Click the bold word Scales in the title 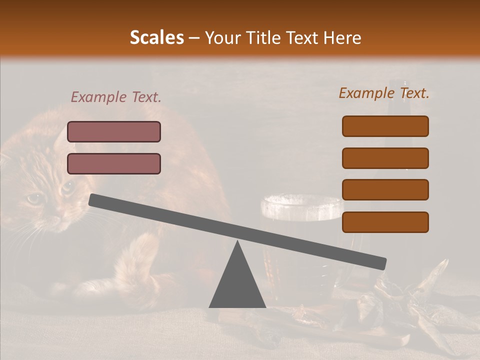156,37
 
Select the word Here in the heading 342,38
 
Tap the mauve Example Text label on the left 116,97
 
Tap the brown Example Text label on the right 384,93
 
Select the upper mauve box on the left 114,131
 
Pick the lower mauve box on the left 114,163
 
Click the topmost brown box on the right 385,126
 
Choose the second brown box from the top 385,158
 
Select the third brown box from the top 385,189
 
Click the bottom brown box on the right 385,222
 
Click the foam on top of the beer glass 302,206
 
